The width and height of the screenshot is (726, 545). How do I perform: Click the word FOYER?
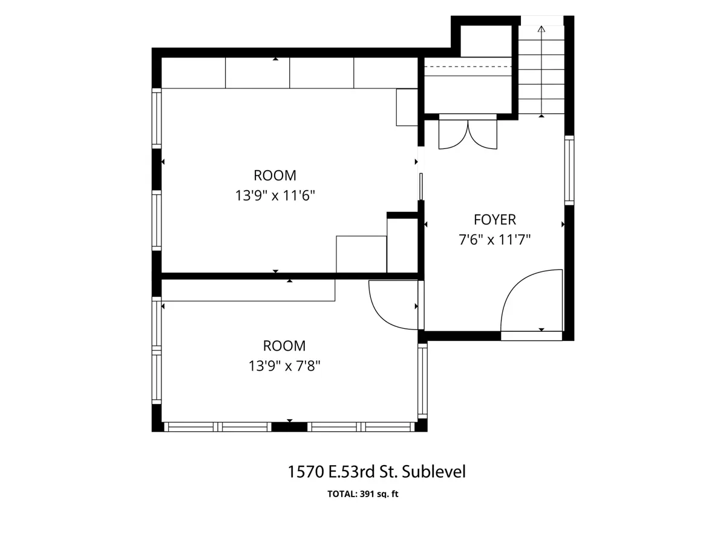click(494, 220)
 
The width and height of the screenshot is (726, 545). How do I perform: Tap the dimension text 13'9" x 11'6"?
click(275, 196)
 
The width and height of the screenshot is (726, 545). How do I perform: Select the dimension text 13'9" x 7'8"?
click(284, 366)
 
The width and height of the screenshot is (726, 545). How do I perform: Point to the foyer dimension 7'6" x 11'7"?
click(494, 240)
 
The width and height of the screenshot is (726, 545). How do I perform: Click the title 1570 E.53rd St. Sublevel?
click(377, 472)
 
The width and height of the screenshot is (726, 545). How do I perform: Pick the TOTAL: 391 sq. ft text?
click(363, 494)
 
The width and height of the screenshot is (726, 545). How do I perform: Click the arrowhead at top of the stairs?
click(541, 29)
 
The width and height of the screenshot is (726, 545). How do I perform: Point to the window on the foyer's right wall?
click(569, 170)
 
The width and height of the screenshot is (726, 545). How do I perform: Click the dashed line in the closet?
click(468, 67)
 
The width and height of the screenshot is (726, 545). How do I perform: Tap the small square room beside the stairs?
click(486, 41)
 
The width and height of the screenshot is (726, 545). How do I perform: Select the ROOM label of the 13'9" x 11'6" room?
click(275, 176)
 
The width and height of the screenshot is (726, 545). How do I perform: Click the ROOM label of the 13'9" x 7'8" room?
click(284, 346)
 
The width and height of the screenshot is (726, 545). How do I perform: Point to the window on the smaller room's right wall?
click(422, 381)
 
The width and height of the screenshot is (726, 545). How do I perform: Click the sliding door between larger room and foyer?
click(421, 187)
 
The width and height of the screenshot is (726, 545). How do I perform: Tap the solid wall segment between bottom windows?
click(289, 427)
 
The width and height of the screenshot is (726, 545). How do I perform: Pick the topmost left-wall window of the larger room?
click(157, 119)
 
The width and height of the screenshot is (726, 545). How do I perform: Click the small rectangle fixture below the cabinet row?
click(407, 107)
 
